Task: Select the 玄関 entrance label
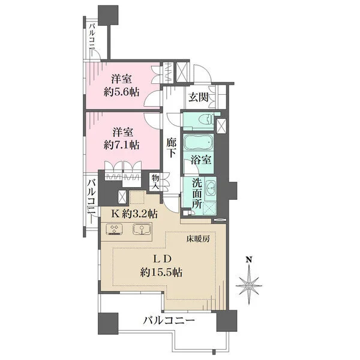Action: [198, 98]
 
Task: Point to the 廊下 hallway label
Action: [171, 148]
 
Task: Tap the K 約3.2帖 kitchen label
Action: [133, 213]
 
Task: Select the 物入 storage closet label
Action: [155, 181]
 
